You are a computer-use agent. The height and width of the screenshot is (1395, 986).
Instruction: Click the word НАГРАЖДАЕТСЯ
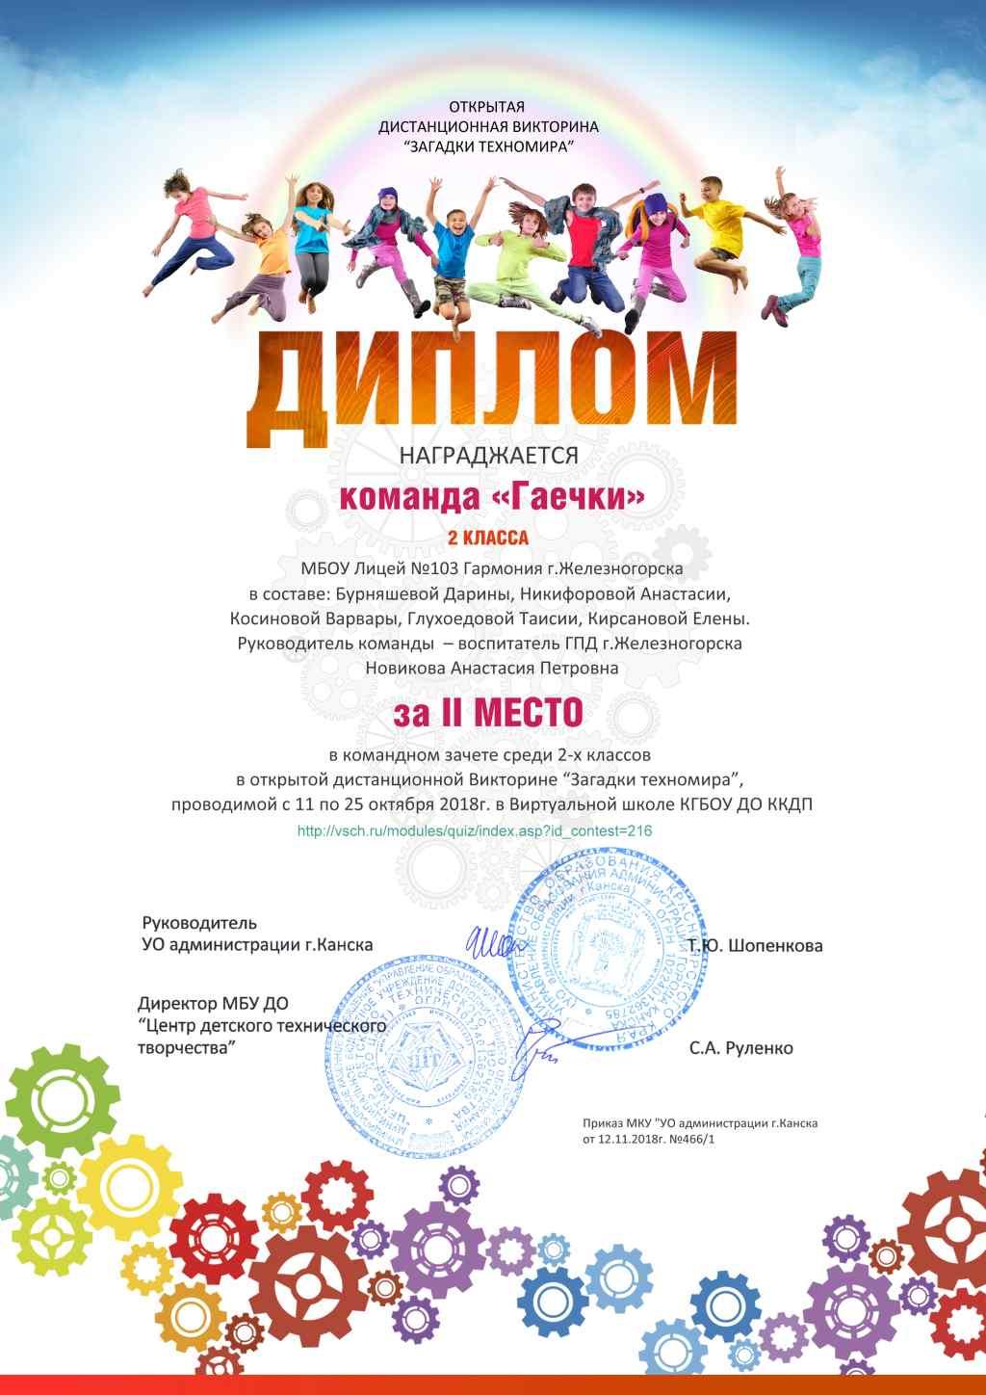click(489, 456)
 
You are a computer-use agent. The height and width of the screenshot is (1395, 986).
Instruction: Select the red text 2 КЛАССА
click(488, 538)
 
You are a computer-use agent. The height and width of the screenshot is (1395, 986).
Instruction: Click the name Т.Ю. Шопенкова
click(756, 945)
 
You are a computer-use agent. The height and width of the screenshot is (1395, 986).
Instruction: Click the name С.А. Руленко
click(740, 1048)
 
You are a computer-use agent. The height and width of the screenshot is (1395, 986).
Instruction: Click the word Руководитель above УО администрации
click(199, 922)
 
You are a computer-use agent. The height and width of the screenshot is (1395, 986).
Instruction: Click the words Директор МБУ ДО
click(213, 1004)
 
